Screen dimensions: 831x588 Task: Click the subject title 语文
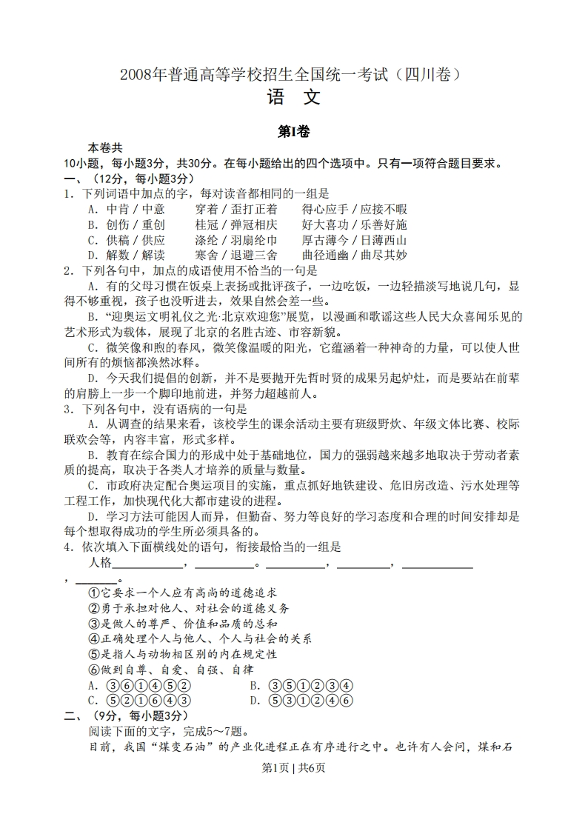293,98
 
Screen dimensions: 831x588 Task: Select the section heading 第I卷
293,132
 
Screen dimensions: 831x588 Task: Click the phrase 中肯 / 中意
126,209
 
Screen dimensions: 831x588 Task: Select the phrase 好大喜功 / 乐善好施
354,224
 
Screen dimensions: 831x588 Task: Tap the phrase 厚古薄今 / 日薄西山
354,240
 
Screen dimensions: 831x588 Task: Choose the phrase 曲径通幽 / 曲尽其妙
354,256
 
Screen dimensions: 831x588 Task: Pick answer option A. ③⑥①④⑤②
139,685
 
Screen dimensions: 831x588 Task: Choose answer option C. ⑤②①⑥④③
139,700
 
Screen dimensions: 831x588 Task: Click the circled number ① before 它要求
94,593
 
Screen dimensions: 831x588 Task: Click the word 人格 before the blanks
99,562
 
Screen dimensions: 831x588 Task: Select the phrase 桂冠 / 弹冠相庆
236,224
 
